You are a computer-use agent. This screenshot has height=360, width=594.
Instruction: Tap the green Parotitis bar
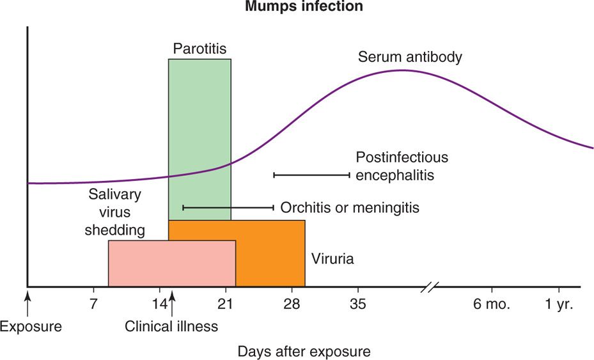pyautogui.click(x=199, y=128)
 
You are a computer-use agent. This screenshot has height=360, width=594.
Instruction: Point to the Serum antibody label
pyautogui.click(x=410, y=58)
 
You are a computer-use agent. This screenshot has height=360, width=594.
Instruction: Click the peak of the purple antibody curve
pyautogui.click(x=402, y=70)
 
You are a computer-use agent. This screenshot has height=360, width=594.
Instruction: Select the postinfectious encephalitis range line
pyautogui.click(x=312, y=175)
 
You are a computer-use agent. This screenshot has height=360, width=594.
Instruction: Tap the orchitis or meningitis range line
pyautogui.click(x=228, y=207)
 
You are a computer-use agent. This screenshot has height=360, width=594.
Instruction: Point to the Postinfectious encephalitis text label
pyautogui.click(x=402, y=166)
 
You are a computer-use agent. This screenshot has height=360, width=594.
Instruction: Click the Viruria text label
pyautogui.click(x=332, y=260)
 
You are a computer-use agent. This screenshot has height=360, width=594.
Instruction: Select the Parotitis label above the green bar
pyautogui.click(x=199, y=49)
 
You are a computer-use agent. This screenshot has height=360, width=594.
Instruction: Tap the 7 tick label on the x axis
pyautogui.click(x=94, y=304)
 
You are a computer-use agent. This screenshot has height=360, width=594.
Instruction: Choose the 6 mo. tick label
pyautogui.click(x=492, y=304)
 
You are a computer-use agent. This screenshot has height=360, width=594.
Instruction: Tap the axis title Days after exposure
pyautogui.click(x=304, y=351)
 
